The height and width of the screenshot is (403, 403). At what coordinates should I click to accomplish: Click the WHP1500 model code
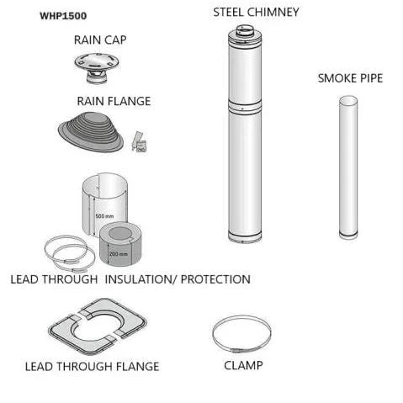coord(63,16)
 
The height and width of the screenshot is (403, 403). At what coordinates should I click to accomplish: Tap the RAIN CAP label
coord(100,40)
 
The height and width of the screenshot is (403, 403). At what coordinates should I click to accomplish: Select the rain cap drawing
coord(97,68)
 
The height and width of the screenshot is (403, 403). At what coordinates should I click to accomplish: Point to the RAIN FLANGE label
coord(114,101)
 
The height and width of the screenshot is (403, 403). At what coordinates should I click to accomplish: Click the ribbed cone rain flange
coord(91,131)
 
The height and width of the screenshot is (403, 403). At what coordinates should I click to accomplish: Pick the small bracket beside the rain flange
coord(140,142)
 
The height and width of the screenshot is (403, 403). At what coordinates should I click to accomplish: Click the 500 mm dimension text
coord(104,216)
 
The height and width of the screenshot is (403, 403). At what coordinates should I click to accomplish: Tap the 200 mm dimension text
coord(119,254)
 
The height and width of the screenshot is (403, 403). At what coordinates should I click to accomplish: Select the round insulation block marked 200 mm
coord(120,243)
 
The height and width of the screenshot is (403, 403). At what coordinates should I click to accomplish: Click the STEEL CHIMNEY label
coord(256,13)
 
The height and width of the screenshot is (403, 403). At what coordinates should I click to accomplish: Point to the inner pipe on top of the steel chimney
coord(245,30)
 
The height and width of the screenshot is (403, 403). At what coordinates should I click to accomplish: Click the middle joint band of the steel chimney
coord(245,107)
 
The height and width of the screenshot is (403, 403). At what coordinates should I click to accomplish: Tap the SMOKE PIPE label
coord(350,78)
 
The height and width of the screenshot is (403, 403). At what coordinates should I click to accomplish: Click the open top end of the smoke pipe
coord(348,100)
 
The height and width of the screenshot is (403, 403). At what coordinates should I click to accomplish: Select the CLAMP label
coord(243,365)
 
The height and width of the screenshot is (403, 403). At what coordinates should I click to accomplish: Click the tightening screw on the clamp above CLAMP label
coord(237,350)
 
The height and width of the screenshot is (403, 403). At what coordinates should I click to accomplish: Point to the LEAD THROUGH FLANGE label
coord(92,367)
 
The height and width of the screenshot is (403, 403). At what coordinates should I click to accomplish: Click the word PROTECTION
coord(215,279)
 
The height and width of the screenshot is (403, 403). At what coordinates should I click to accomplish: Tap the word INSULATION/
coord(141,279)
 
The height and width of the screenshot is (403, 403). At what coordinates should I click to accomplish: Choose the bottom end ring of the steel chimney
coord(245,237)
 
